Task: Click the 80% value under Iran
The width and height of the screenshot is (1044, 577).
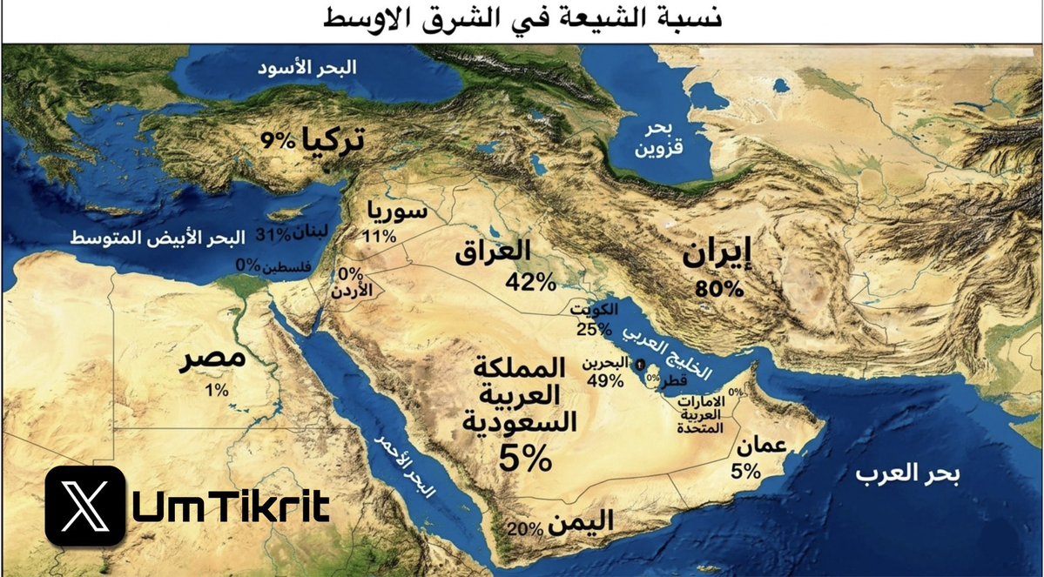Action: [719, 289]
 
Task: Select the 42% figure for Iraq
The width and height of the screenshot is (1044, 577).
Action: [530, 281]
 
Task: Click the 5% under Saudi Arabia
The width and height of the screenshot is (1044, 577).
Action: [524, 456]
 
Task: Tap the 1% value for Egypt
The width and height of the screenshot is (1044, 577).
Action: [215, 391]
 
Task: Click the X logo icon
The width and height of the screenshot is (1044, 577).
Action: [84, 506]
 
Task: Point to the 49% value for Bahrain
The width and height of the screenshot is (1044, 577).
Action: [605, 380]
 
